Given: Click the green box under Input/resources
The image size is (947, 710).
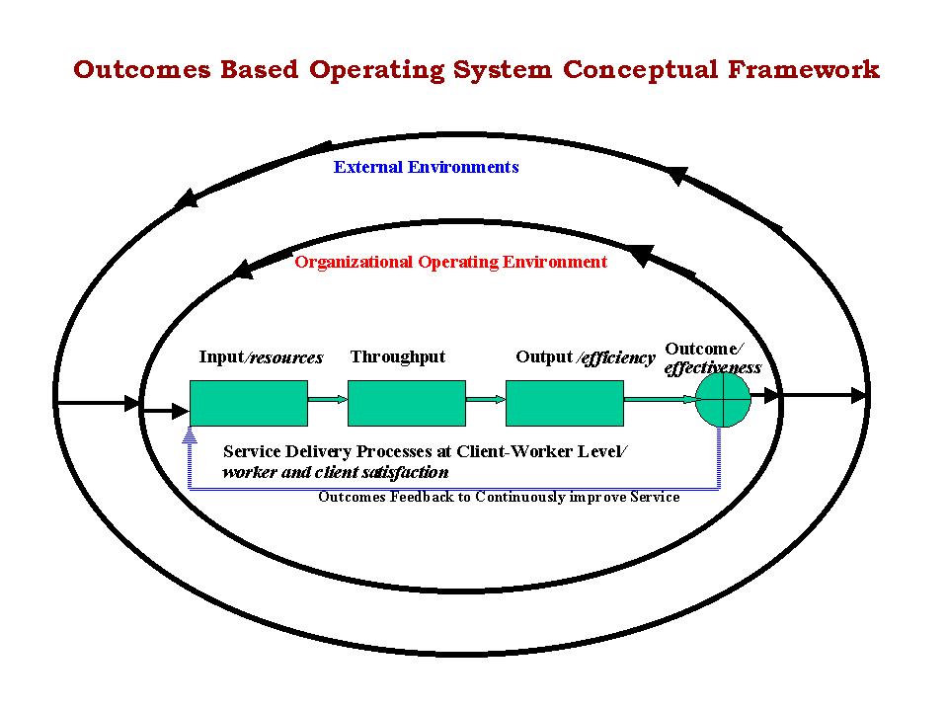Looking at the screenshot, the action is (x=249, y=403).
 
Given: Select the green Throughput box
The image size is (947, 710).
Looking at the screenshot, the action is (x=407, y=403).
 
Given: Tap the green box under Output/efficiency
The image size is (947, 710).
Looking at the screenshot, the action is (x=565, y=403).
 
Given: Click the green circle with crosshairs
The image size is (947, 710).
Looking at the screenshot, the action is (x=723, y=399).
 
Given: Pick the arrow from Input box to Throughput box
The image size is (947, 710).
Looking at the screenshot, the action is (x=328, y=399).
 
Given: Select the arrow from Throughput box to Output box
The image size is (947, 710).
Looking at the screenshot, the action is (x=486, y=399).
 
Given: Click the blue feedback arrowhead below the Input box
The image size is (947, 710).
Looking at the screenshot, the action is (x=190, y=434).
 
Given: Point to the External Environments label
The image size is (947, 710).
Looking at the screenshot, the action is (x=426, y=167).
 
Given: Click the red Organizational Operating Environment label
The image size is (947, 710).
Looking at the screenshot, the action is (x=450, y=262).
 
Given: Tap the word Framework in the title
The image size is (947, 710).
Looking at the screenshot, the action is (x=803, y=69).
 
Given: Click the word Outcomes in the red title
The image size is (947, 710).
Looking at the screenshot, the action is (x=142, y=69).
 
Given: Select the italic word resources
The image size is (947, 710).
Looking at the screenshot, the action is (x=286, y=358).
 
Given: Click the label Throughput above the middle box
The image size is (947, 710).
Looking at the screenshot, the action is (x=397, y=356).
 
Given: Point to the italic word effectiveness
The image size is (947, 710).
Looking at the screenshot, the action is (x=713, y=367).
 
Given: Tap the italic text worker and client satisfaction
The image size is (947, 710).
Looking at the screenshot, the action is (x=336, y=472).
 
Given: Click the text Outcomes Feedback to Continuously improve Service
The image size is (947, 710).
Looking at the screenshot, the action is (x=499, y=497).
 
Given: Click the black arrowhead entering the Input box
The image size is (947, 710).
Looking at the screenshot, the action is (x=181, y=411).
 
